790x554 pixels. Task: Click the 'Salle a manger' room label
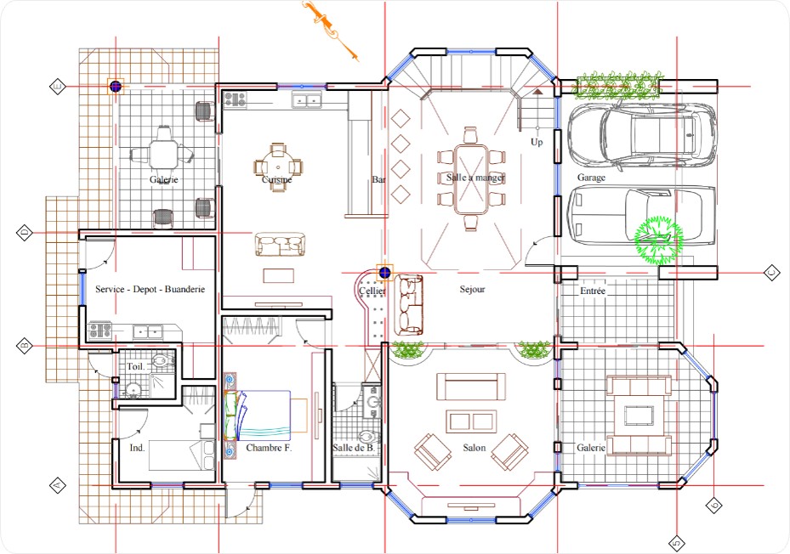(475, 178)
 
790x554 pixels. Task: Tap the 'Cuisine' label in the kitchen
(276, 180)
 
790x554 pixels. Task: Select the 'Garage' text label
(591, 178)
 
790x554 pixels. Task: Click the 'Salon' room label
(475, 448)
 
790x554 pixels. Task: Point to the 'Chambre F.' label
(269, 448)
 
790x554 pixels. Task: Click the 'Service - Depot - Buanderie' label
(150, 290)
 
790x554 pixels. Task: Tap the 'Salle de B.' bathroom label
(353, 448)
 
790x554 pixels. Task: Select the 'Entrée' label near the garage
(593, 291)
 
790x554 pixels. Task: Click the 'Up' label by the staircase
(537, 142)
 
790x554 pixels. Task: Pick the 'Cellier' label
(372, 291)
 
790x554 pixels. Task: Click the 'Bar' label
(378, 180)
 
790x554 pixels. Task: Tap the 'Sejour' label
(472, 290)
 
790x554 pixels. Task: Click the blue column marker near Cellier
(384, 273)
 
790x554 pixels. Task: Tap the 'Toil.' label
(135, 366)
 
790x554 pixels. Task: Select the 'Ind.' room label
(136, 448)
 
